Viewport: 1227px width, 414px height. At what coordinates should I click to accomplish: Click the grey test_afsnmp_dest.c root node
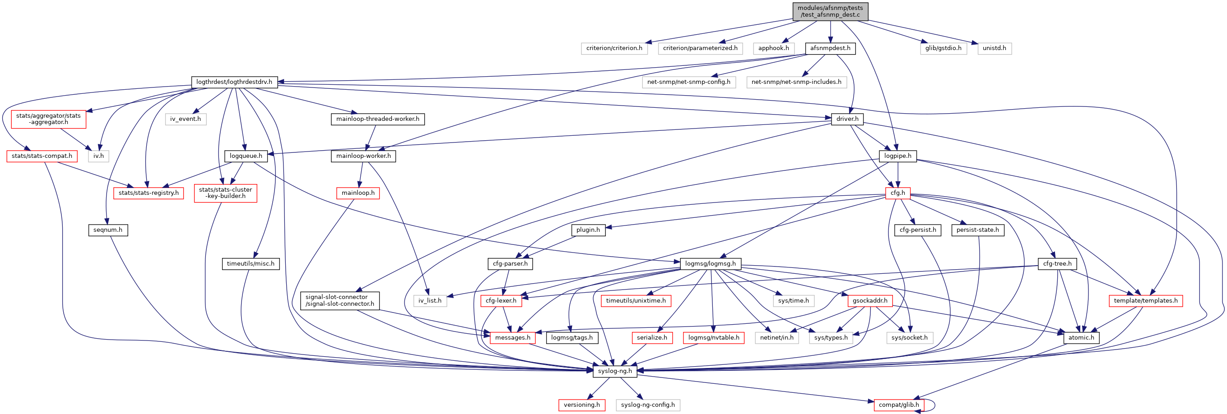pos(830,11)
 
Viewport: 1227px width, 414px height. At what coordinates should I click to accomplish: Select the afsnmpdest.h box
pos(830,48)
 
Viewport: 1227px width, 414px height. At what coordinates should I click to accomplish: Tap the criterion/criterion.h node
pos(614,48)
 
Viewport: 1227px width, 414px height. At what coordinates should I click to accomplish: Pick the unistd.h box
pos(994,48)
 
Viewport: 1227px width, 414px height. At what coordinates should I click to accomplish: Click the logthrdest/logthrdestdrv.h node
pos(234,82)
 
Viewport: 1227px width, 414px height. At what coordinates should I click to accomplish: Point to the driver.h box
pos(847,119)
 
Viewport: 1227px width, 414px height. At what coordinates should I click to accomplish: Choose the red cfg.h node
pos(897,193)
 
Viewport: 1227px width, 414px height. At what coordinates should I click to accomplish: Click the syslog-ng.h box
pos(614,371)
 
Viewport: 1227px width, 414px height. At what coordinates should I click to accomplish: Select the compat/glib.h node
pos(898,405)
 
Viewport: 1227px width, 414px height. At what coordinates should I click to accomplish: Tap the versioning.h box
pos(581,405)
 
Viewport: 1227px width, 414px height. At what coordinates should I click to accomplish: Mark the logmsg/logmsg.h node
pos(710,263)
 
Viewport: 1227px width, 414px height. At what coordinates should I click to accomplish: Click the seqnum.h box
pos(107,230)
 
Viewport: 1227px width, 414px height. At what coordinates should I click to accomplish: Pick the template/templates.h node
pos(1145,300)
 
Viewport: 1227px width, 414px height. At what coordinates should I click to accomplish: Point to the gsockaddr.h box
pos(870,300)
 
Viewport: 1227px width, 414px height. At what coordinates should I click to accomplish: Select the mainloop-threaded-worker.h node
pos(377,119)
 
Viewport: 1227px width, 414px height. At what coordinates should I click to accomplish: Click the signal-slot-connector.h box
pos(339,300)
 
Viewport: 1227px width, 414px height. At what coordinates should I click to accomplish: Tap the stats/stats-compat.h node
pos(42,156)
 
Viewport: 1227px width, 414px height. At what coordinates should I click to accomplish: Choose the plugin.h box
pos(588,230)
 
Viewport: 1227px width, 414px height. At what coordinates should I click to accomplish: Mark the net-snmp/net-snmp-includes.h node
pos(796,82)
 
